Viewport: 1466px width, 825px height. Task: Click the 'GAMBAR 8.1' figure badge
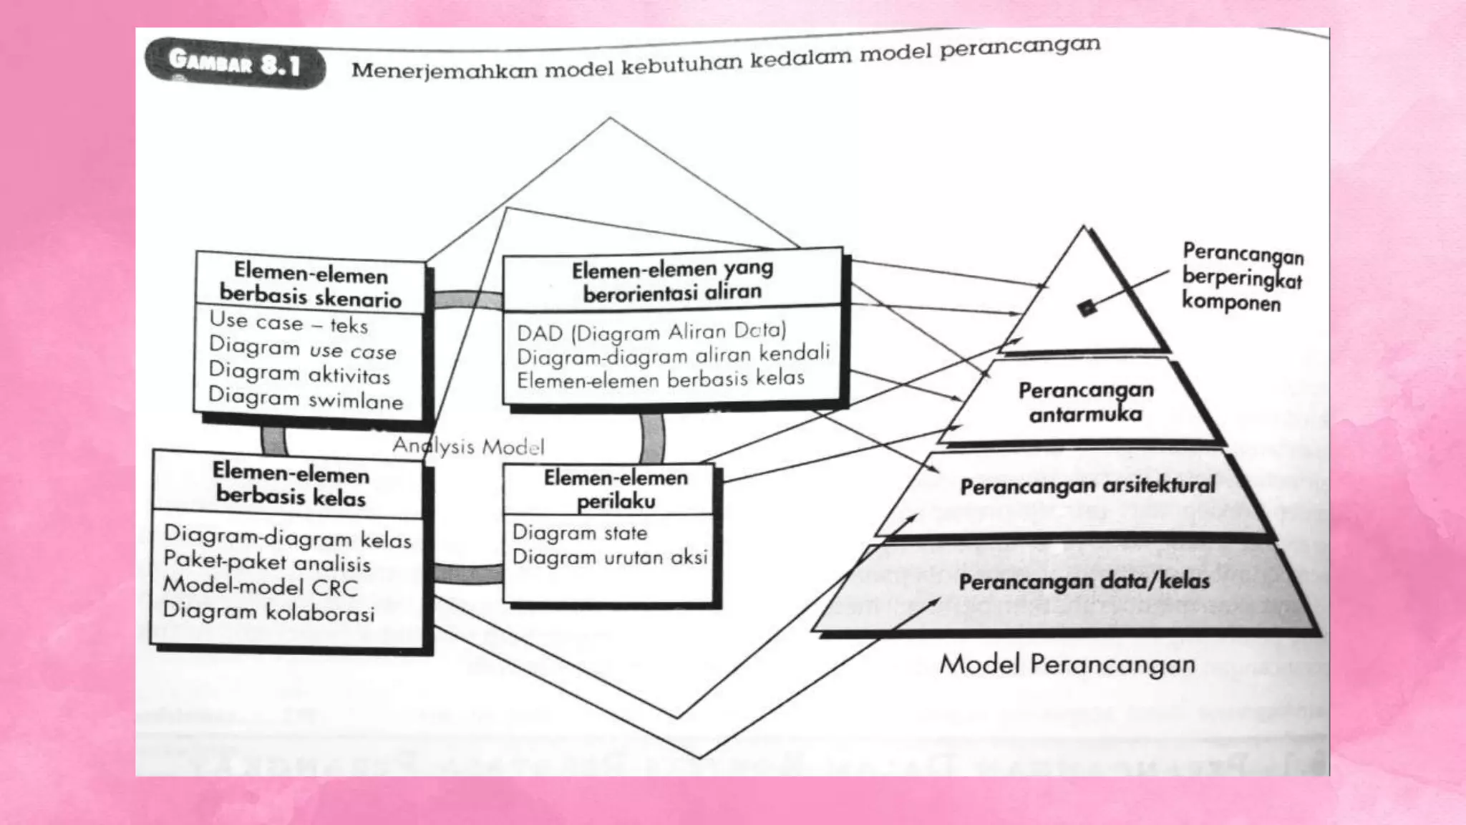click(234, 63)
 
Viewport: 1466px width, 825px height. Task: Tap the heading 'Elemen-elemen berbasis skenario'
click(311, 284)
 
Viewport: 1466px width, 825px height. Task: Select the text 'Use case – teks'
click(288, 323)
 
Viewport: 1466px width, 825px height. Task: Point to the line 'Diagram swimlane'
click(306, 398)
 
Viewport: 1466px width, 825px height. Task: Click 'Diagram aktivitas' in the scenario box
click(299, 373)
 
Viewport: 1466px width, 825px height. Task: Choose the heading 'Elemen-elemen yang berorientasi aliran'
click(672, 280)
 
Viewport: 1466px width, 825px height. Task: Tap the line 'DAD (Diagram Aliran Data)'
click(651, 332)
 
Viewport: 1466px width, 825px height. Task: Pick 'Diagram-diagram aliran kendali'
click(673, 355)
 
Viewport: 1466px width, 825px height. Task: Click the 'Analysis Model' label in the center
click(468, 446)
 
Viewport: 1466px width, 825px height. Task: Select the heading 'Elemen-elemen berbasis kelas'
click(291, 484)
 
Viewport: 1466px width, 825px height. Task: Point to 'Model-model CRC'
click(261, 587)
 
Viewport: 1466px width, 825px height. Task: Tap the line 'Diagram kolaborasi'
click(269, 612)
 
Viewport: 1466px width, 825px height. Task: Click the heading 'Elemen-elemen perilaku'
click(616, 488)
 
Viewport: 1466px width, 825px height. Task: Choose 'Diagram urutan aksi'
click(610, 557)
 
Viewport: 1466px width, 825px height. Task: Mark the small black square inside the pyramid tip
click(1087, 308)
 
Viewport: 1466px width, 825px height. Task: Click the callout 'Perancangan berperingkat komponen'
click(1242, 278)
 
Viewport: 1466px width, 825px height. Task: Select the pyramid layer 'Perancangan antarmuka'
click(1086, 402)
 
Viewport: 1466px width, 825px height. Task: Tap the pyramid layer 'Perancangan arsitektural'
click(1087, 486)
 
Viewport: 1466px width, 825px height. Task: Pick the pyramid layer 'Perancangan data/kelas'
click(1084, 581)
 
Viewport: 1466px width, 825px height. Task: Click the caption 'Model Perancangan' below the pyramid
click(1067, 664)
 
